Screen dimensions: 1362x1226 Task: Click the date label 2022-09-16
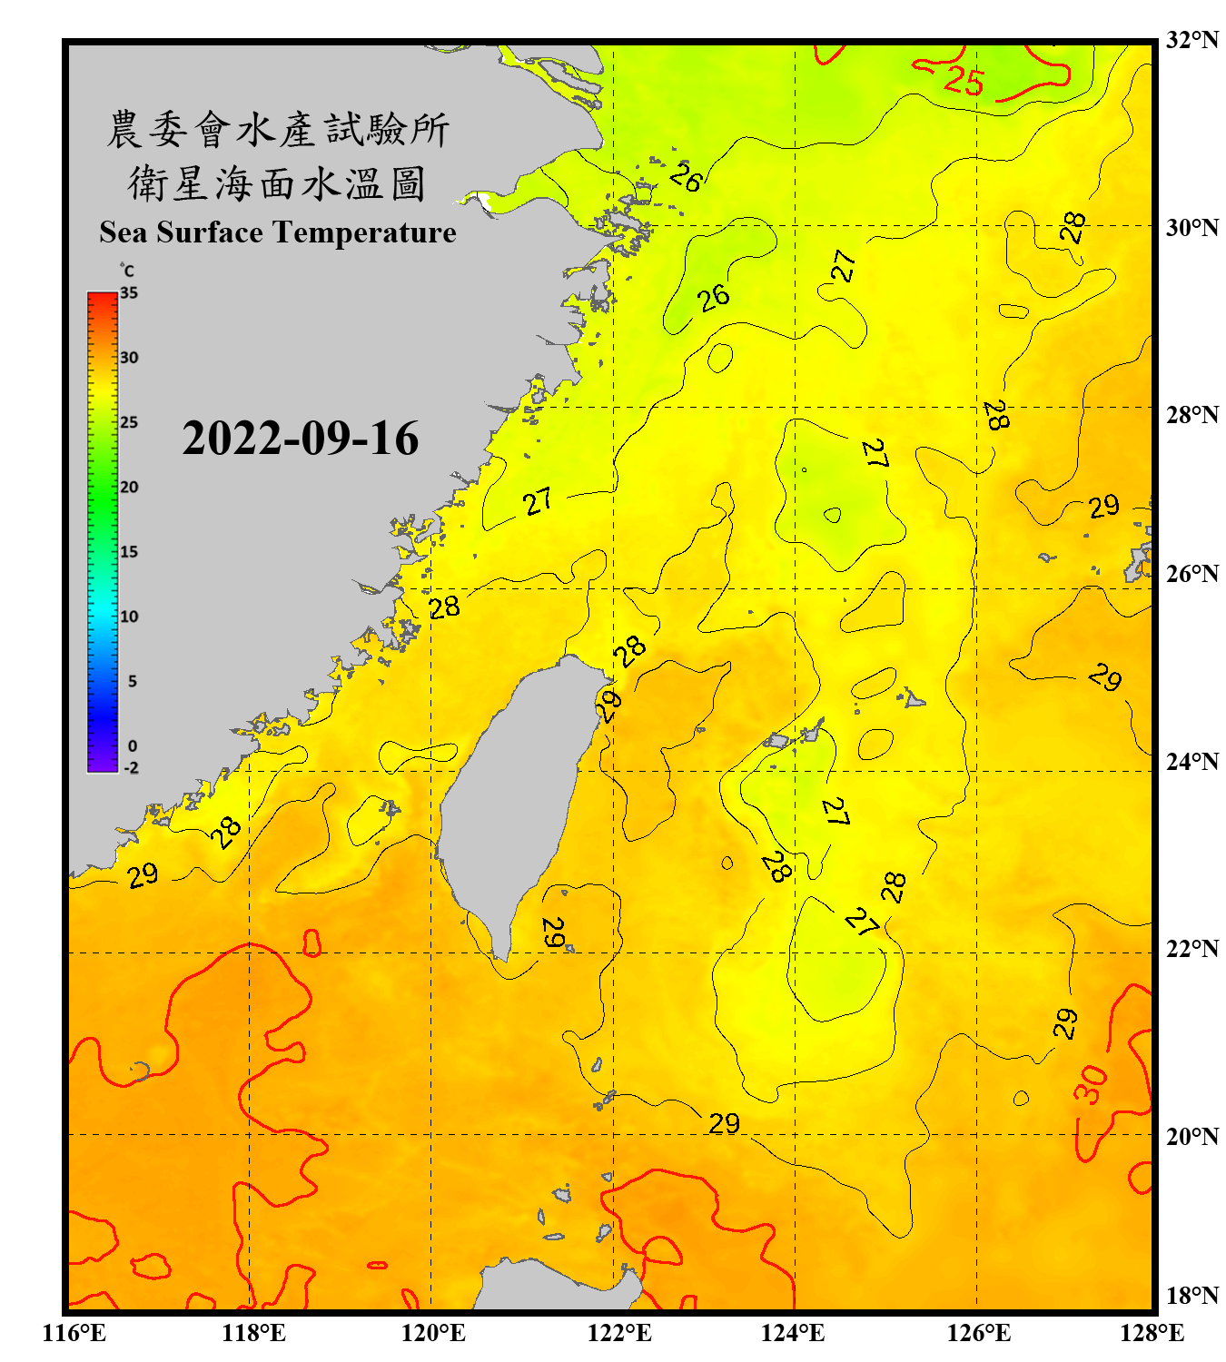coord(300,439)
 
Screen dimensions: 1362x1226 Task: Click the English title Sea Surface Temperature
coord(278,232)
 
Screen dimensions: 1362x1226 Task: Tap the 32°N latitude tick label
coord(1192,40)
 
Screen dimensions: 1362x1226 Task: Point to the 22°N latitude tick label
coord(1192,949)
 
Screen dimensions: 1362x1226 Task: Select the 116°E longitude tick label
coord(74,1333)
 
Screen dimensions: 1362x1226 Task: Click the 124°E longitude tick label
coord(793,1333)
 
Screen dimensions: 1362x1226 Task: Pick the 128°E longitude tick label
coord(1152,1333)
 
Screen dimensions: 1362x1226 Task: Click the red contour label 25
coord(963,82)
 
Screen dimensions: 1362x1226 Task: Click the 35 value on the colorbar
coord(129,293)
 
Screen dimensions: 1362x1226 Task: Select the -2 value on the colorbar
coord(131,767)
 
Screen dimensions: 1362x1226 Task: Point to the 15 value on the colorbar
coord(129,552)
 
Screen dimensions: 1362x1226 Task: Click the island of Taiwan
coord(513,799)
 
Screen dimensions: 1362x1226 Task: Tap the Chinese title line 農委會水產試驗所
coord(278,130)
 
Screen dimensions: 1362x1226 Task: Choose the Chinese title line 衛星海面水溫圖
coord(278,183)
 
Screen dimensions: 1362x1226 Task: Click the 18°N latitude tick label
coord(1192,1296)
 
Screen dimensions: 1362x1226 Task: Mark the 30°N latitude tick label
coord(1192,227)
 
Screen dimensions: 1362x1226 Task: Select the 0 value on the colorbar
coord(133,745)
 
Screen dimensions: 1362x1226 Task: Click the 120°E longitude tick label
coord(433,1333)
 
